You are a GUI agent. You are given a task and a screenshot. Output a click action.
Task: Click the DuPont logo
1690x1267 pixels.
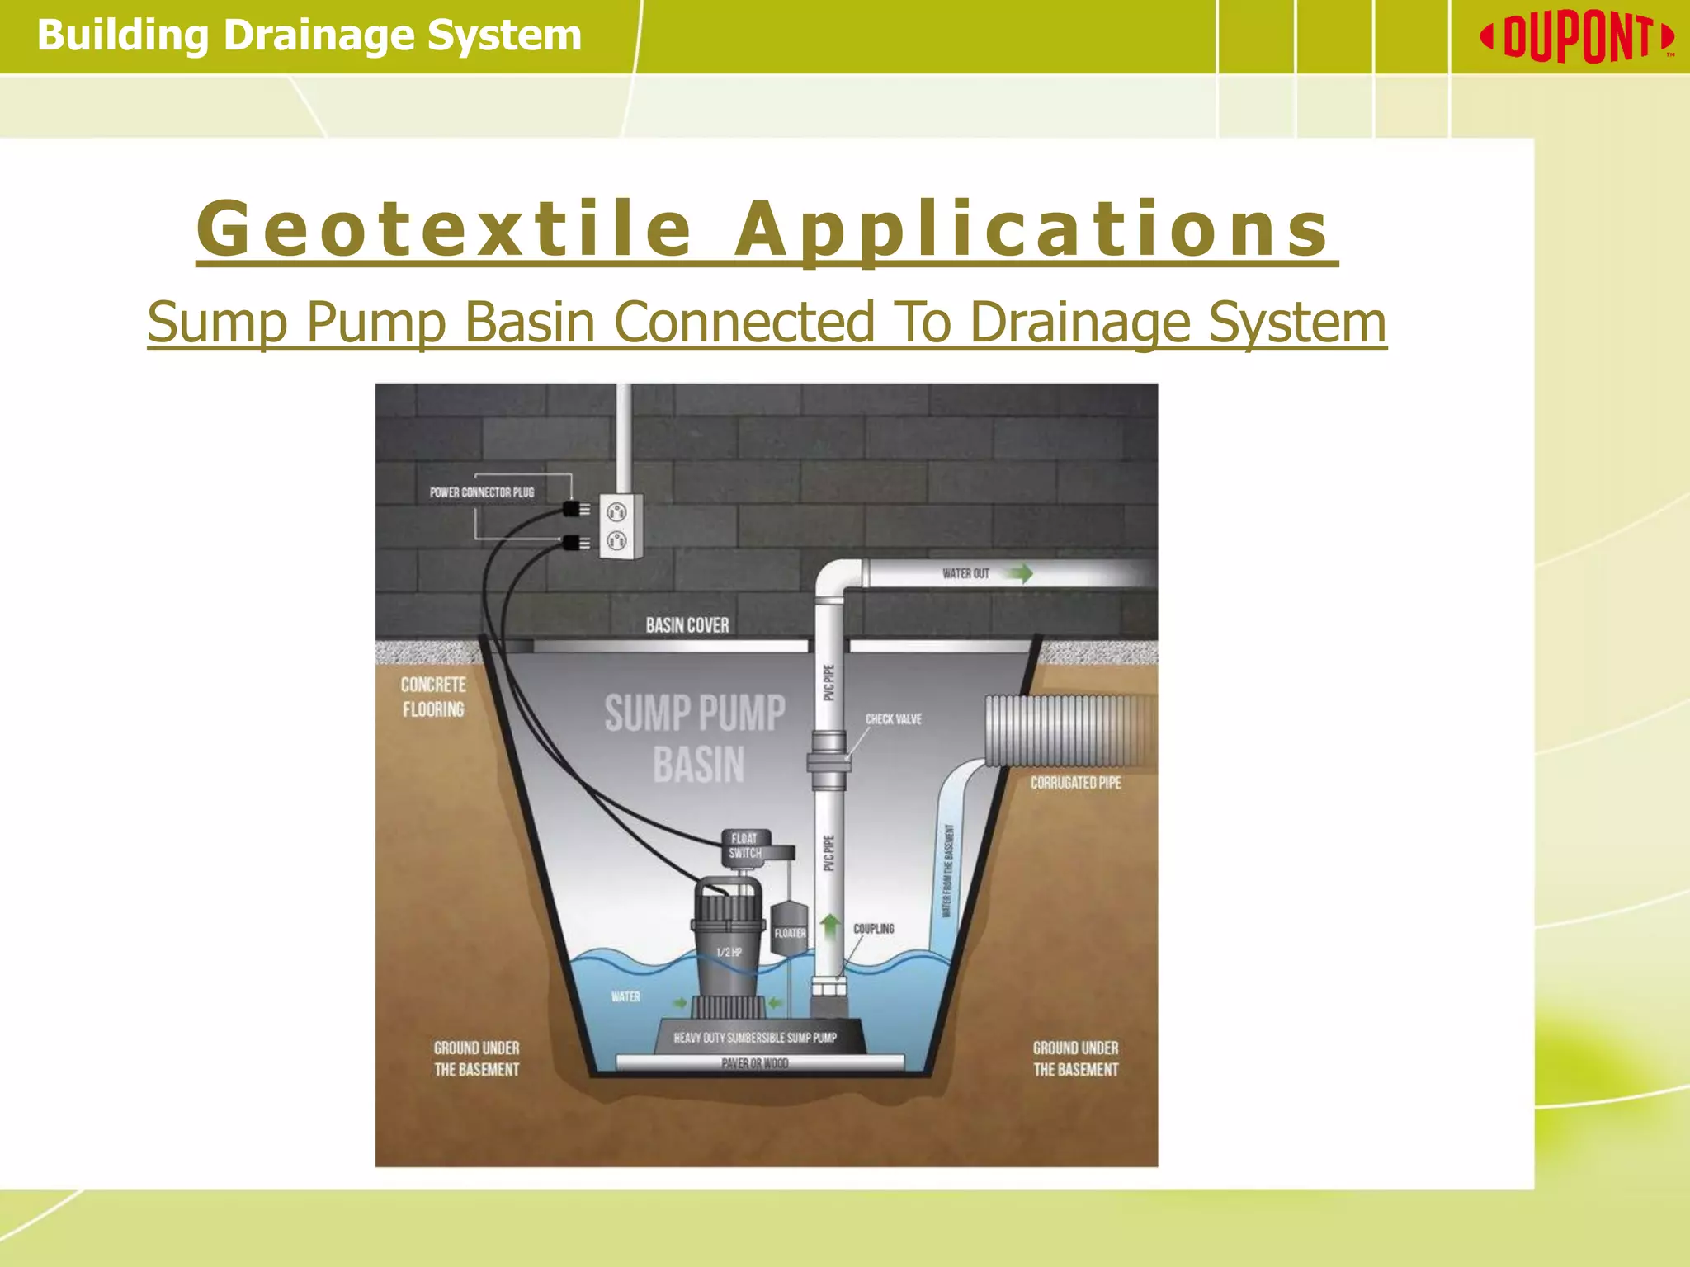[x=1577, y=37]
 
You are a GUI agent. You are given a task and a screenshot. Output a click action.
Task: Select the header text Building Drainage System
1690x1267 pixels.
[x=309, y=35]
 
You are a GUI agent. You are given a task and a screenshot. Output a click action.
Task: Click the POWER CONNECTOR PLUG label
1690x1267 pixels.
[x=482, y=492]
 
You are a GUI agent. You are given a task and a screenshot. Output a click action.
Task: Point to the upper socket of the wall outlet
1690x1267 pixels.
[x=616, y=512]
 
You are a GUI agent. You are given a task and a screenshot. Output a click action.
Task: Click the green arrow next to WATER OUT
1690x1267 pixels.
[x=1021, y=573]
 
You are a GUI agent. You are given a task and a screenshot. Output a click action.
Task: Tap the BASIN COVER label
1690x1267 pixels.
[x=687, y=625]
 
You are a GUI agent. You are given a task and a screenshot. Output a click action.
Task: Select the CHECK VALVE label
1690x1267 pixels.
[x=893, y=719]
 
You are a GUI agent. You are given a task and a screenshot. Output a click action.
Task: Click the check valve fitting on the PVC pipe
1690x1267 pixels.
[x=828, y=760]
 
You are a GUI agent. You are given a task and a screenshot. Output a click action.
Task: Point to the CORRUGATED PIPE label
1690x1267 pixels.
[x=1075, y=783]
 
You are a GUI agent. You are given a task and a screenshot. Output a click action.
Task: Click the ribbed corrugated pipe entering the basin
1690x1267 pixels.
[x=1065, y=730]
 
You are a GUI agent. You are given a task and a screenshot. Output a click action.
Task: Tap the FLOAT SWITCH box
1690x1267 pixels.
[x=745, y=846]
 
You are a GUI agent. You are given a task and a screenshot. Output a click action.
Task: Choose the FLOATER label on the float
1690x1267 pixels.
[x=790, y=933]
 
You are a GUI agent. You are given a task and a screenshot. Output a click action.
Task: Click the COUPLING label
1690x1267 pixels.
[x=873, y=929]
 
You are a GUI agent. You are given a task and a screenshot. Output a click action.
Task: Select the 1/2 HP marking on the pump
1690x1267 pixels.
[x=729, y=952]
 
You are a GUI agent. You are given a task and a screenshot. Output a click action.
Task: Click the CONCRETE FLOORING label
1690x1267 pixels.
[x=433, y=697]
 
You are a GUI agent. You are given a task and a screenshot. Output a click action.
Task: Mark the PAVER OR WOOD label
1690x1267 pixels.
[x=755, y=1063]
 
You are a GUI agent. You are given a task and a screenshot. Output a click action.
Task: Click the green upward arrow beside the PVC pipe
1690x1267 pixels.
[x=831, y=926]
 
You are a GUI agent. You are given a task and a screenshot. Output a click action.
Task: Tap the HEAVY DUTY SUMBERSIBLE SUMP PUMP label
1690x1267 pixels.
[x=755, y=1038]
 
